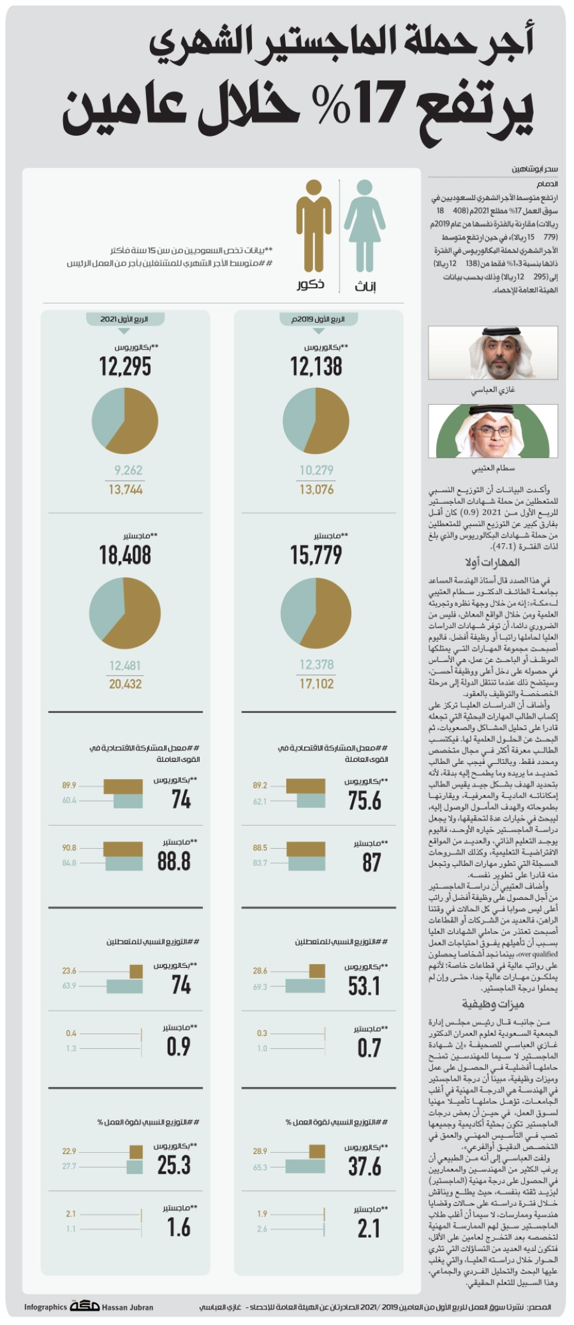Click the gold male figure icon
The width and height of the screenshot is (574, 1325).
click(313, 226)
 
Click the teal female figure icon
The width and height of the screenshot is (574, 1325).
click(365, 226)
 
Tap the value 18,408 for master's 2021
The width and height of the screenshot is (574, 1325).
click(125, 555)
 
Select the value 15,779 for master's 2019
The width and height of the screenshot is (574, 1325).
click(316, 555)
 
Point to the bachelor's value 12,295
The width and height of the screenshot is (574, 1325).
click(125, 367)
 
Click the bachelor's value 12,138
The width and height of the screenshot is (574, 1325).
click(316, 367)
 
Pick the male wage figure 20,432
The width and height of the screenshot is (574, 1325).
click(125, 684)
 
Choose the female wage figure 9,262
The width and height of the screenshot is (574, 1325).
click(128, 471)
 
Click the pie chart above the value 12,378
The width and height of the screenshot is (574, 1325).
click(316, 613)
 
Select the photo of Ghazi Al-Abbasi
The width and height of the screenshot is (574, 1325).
click(493, 353)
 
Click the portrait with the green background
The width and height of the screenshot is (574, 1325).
click(493, 431)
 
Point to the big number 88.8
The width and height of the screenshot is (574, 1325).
click(174, 861)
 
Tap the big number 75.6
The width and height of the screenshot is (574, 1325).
click(365, 800)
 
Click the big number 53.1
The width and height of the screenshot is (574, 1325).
click(364, 986)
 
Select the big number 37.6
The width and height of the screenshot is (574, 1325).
click(365, 1167)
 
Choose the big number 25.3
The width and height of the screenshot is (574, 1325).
click(174, 1165)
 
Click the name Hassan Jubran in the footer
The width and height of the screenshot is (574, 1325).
click(128, 1307)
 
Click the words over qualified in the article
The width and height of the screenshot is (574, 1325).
click(538, 954)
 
